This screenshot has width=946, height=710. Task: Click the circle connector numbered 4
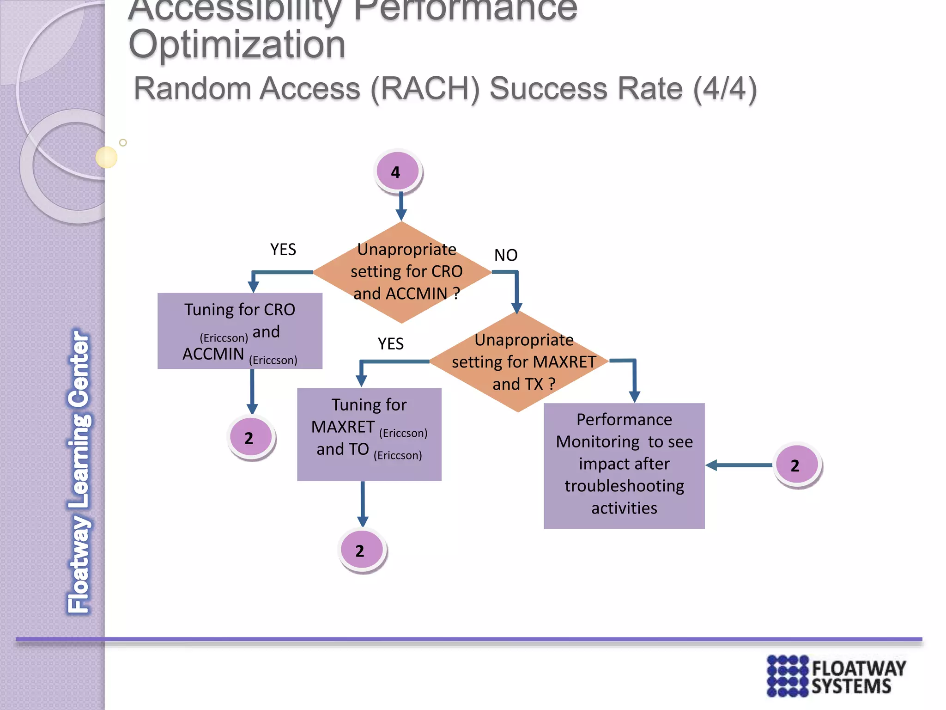coord(397,171)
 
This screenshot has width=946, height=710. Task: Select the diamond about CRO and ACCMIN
coord(402,272)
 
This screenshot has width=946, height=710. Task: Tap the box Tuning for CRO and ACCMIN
coord(240,331)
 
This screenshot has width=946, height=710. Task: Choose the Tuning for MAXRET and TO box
coord(369,435)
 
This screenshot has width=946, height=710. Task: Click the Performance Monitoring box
coord(624,466)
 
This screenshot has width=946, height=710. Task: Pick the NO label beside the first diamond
coord(506,255)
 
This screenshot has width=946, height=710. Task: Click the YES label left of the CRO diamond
coord(283,250)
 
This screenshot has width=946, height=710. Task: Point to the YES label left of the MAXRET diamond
coord(390,344)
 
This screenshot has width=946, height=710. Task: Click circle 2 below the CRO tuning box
coord(251,437)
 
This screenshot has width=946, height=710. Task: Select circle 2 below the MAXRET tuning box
coord(362,550)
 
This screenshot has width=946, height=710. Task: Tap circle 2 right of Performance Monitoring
coord(797,465)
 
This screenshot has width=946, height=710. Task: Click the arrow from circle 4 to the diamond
coord(401,207)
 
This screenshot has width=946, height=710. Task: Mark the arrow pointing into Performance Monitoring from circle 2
coord(739,465)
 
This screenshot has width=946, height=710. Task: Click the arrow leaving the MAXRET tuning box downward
coord(363,504)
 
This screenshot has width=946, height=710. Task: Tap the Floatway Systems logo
coord(836,676)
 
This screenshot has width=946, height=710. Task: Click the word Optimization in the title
coord(237,45)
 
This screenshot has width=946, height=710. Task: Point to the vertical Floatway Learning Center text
coord(79,471)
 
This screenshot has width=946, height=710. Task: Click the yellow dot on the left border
coord(106,157)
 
